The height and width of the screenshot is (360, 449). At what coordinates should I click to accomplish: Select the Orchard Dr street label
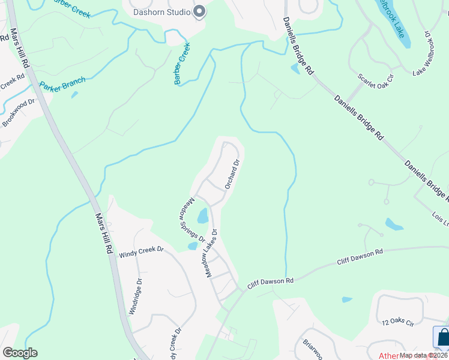pos(232,174)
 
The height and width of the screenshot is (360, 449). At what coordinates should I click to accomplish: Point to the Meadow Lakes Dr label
pos(211,252)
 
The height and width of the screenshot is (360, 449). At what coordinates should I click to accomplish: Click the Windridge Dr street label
pos(136,296)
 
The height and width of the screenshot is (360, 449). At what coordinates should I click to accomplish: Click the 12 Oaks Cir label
pos(398,323)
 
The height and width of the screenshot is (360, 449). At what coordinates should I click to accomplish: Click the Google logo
pos(20,353)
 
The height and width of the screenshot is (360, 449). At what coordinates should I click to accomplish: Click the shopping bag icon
pos(442,337)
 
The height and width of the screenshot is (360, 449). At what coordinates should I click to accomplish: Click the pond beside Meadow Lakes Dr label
pos(202,215)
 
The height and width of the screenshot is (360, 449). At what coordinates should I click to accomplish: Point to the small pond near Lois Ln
pos(394,224)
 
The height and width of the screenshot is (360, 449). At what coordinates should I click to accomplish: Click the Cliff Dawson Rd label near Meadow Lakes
pos(273,281)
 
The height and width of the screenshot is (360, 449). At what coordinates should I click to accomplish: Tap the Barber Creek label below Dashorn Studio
pos(182,63)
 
